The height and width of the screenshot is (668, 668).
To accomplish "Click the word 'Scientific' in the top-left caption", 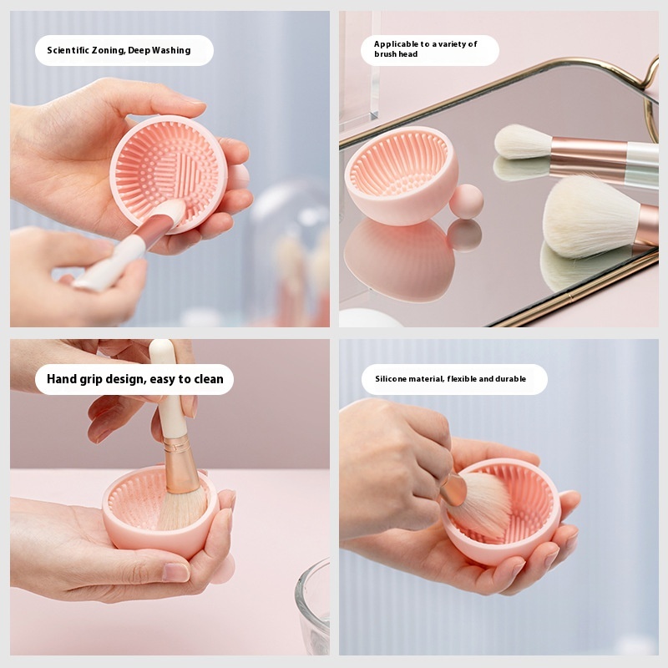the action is (68, 50).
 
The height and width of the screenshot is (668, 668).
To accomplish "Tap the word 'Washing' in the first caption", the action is (171, 51).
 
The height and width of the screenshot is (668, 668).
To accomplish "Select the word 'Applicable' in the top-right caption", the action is (396, 44).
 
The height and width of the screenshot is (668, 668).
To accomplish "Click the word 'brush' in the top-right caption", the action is (385, 54).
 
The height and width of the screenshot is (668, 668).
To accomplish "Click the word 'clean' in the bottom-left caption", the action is (209, 379).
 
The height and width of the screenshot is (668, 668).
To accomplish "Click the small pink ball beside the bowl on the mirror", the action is (467, 201).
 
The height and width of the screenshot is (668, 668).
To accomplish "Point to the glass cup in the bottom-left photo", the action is (312, 606).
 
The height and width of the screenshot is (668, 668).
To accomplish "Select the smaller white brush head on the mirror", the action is (523, 142).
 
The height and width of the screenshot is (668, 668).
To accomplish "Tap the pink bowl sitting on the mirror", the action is (402, 175).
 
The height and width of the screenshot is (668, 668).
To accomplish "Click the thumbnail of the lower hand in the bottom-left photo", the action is (175, 572).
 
